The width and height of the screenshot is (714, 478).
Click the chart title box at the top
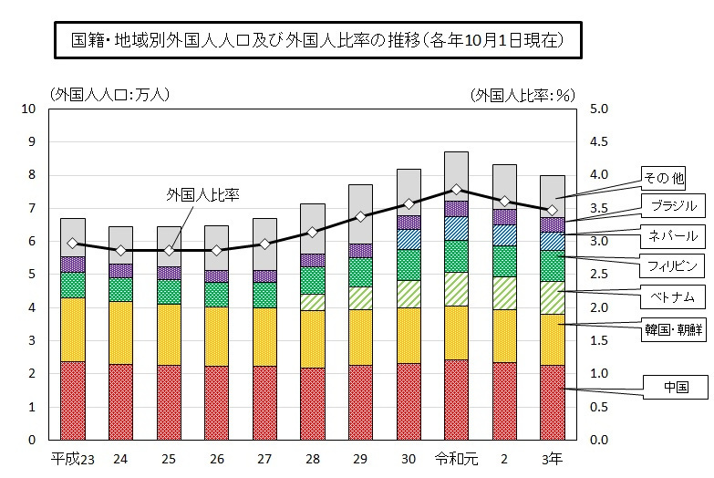tap(314, 41)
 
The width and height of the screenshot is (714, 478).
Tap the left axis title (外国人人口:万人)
tap(109, 94)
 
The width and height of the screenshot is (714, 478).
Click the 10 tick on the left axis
tap(28, 109)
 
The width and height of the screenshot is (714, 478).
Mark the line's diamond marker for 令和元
tap(457, 190)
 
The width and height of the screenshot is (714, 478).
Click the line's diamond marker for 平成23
tap(72, 244)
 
